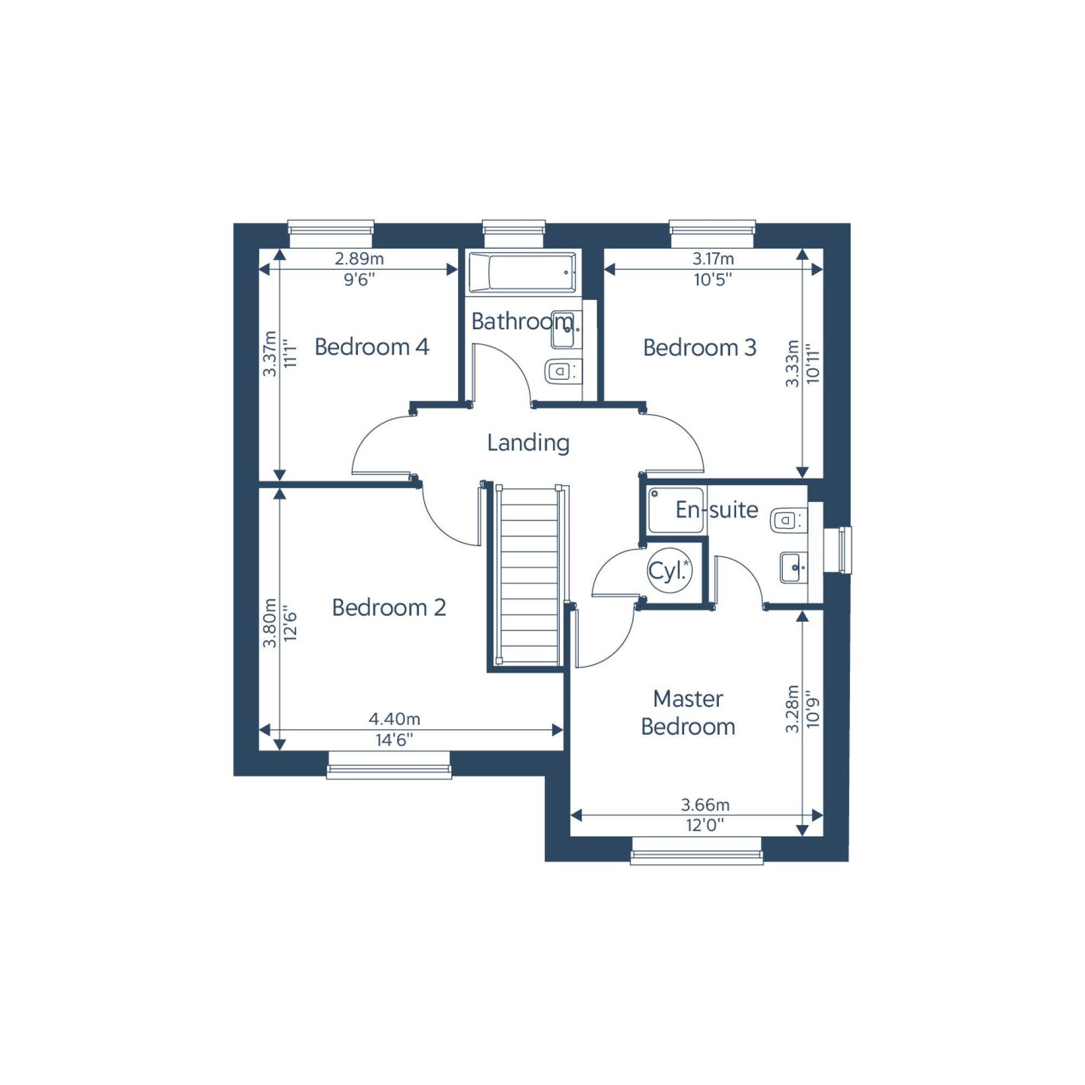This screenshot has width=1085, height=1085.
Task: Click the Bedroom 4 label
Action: (x=372, y=347)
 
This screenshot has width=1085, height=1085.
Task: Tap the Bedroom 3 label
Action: (x=700, y=348)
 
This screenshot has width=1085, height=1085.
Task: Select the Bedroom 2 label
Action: (x=389, y=608)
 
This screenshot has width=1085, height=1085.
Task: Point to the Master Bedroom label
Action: (x=688, y=713)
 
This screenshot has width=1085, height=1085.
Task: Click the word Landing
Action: (x=528, y=443)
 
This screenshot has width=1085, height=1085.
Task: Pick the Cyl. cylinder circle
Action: (x=669, y=570)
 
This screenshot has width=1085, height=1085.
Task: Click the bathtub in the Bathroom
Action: (x=522, y=273)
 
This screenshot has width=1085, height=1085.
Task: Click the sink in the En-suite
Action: (x=794, y=567)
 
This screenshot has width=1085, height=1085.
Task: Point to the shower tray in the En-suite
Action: (x=676, y=510)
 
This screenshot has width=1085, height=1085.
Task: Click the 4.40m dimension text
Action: (x=394, y=719)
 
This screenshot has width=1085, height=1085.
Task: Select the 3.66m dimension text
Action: (x=705, y=805)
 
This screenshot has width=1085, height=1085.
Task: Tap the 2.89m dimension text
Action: (x=360, y=259)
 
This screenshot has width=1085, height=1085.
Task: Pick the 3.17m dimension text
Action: (x=713, y=259)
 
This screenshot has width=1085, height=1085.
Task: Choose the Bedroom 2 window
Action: (x=389, y=765)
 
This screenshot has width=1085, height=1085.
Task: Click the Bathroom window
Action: (x=514, y=233)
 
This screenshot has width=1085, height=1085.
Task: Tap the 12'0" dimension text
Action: (x=705, y=825)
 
